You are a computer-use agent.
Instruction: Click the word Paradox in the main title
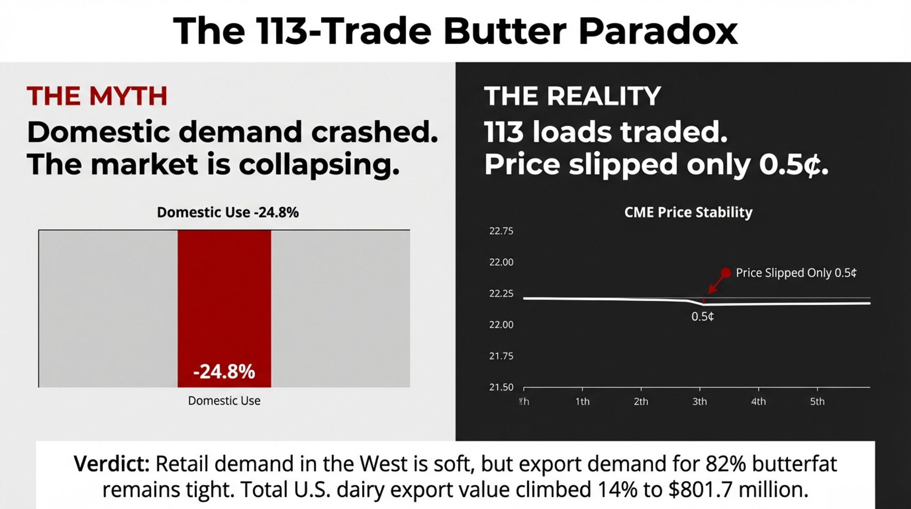(658, 31)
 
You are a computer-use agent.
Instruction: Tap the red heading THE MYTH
(97, 96)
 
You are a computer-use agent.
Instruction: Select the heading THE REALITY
(572, 96)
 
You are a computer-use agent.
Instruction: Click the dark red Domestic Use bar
(224, 296)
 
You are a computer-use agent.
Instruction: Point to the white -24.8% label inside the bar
(224, 372)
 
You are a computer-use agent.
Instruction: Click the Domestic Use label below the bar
(224, 401)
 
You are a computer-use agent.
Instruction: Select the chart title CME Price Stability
(688, 212)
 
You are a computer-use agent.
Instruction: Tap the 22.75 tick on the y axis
(501, 231)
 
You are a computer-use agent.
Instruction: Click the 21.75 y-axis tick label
(501, 356)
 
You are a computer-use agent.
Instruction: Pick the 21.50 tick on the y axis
(501, 387)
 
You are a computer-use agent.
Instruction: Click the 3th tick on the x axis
(700, 402)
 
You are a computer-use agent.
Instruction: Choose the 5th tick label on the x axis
(817, 402)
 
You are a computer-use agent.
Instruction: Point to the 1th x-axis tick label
(582, 402)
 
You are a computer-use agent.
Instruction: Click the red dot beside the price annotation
(726, 273)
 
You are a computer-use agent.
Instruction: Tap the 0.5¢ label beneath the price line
(702, 317)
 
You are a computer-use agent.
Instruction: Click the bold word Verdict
(112, 464)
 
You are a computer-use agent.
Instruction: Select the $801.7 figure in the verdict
(701, 490)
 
